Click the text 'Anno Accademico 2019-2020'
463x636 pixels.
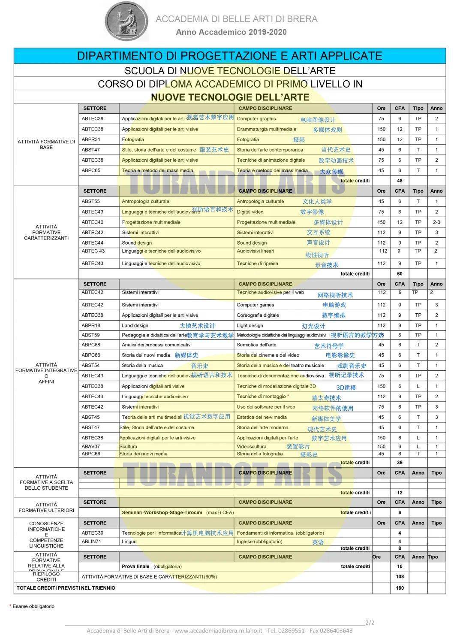231,32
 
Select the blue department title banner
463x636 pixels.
229,56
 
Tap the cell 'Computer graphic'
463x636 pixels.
256,119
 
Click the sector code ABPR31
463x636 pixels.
91,139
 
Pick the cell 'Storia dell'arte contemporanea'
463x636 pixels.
270,150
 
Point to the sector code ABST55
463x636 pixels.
91,201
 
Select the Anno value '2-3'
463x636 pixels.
436,222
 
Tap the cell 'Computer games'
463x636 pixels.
255,305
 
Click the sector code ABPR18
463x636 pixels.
91,326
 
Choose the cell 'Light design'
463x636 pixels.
250,326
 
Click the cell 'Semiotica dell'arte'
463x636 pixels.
256,345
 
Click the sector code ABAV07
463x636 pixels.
91,447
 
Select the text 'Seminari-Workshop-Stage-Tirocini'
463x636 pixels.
162,512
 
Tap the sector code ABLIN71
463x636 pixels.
91,542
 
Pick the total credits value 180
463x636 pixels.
400,588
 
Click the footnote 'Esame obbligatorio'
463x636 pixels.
33,606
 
